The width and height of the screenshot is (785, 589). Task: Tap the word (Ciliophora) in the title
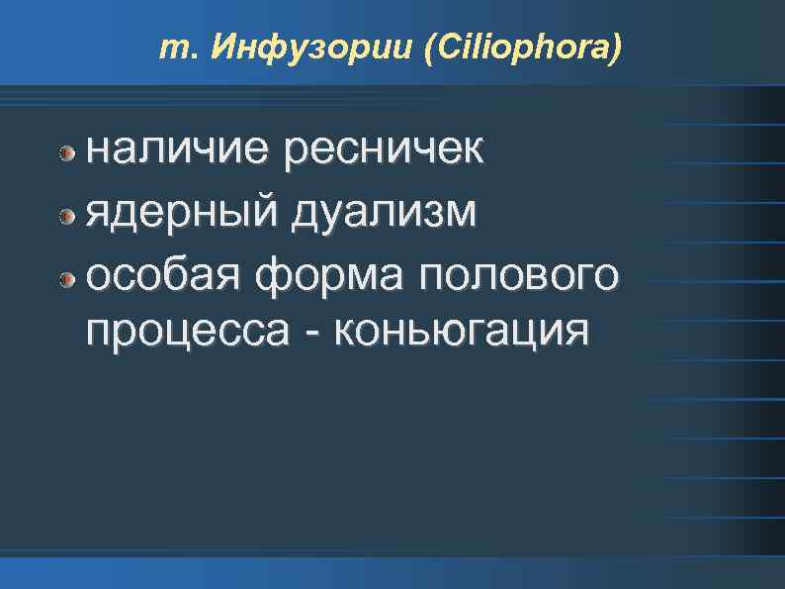[523, 49]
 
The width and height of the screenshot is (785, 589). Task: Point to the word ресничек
[384, 150]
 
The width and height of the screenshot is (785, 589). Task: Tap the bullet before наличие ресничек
[67, 152]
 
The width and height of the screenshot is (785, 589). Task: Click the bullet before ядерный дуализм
[67, 214]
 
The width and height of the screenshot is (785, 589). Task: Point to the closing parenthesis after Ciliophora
[618, 49]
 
